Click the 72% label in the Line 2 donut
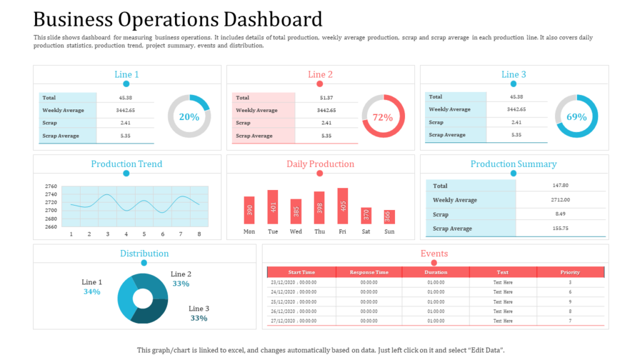coord(382,117)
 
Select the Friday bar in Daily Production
coord(342,206)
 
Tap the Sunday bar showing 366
coord(389,217)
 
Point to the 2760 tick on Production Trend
coord(51,186)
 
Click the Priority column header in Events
coord(570,272)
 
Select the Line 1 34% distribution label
coord(92,287)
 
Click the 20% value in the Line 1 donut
coord(189,117)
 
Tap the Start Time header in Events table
coord(301,272)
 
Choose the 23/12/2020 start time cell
coord(294,282)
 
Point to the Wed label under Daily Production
coord(296,231)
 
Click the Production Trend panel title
coord(126,164)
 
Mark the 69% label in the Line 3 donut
coord(576,117)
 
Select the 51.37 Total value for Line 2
coord(326,97)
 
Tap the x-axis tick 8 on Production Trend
coord(199,234)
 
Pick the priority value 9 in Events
coord(570,301)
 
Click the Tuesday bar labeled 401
coord(272,207)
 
